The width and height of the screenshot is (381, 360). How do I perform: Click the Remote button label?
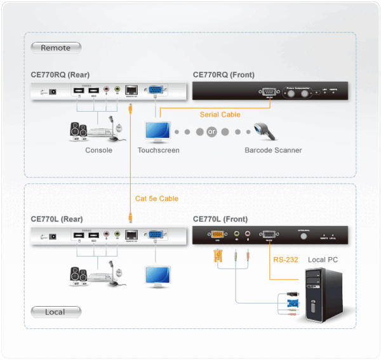point(55,48)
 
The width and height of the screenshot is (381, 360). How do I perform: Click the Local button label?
point(55,312)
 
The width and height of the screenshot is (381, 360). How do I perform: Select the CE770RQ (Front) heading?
point(224,74)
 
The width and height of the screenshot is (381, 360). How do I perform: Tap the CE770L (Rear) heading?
point(57,219)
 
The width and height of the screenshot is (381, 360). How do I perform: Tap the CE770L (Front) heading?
point(221,219)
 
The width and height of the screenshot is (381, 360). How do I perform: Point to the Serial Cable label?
point(220,114)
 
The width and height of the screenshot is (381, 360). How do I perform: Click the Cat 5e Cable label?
point(157,199)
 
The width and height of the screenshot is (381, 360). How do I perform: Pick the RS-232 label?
point(285,260)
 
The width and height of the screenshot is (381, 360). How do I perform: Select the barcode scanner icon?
point(264,131)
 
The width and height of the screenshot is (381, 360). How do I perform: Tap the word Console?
point(98,150)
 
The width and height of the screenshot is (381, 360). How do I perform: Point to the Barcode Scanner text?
point(273,150)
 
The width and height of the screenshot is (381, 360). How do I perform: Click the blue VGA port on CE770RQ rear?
point(154,91)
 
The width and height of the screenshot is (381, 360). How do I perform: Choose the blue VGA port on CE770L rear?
point(154,234)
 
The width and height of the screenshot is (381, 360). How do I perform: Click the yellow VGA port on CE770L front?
point(218,234)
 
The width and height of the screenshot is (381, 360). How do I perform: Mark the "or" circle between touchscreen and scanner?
point(211,132)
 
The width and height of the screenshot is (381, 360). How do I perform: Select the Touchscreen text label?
point(159,150)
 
